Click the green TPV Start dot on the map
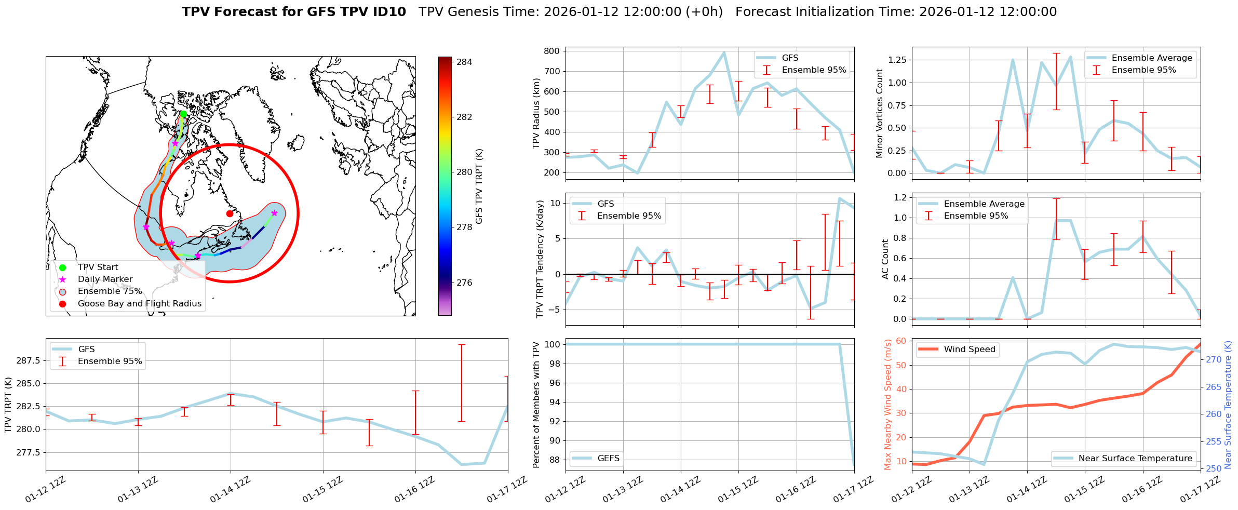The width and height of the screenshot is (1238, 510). pyautogui.click(x=183, y=114)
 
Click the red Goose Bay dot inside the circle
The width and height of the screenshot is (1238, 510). pyautogui.click(x=230, y=213)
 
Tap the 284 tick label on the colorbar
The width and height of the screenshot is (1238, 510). pyautogui.click(x=464, y=62)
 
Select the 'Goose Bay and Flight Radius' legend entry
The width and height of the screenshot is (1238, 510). pyautogui.click(x=139, y=303)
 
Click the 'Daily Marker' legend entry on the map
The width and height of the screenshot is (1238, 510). pyautogui.click(x=105, y=279)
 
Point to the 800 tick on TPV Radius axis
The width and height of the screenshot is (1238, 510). pyautogui.click(x=552, y=51)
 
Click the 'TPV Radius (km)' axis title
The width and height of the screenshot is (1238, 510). pyautogui.click(x=536, y=113)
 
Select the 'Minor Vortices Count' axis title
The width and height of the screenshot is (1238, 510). pyautogui.click(x=879, y=113)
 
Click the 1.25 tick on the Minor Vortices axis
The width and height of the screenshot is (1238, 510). pyautogui.click(x=897, y=60)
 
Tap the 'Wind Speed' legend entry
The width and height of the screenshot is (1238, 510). pyautogui.click(x=969, y=349)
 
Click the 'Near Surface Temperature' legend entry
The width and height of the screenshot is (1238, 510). pyautogui.click(x=1135, y=458)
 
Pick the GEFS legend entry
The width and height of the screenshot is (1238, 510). pyautogui.click(x=608, y=458)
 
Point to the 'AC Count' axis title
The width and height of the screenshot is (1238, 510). pyautogui.click(x=885, y=259)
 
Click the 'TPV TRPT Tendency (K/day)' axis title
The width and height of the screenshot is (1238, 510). pyautogui.click(x=540, y=259)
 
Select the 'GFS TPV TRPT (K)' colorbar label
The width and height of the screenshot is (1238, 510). pyautogui.click(x=479, y=186)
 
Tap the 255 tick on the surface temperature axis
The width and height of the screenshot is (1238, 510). pyautogui.click(x=1213, y=441)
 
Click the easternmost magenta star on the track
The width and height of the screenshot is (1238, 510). pyautogui.click(x=274, y=213)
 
